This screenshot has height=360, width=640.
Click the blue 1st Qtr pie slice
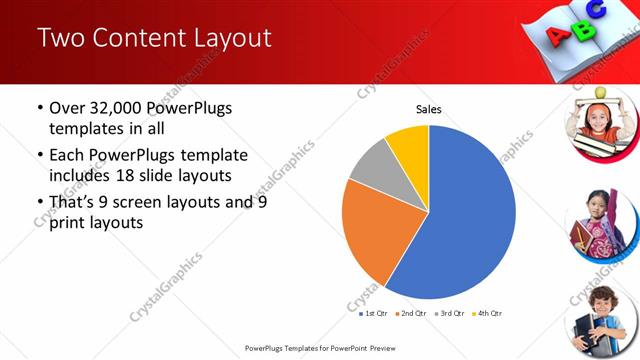[470, 220]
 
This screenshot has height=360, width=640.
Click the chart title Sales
[428, 109]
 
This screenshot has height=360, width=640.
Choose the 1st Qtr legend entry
[375, 313]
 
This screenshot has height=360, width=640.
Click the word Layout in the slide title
[224, 38]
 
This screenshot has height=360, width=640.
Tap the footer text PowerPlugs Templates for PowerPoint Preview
[320, 348]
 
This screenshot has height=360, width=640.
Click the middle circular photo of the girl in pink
[598, 221]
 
